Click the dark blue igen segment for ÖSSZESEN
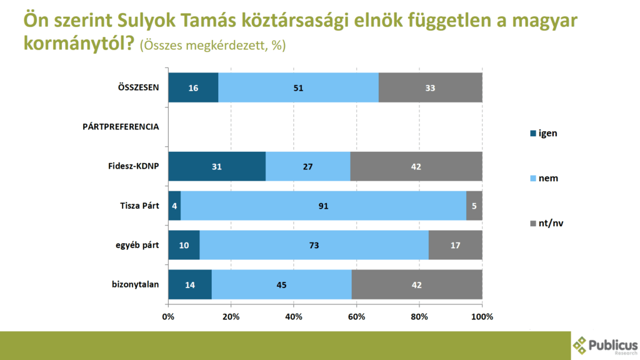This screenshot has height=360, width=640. (x=193, y=87)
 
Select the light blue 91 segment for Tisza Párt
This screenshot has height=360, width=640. (x=323, y=206)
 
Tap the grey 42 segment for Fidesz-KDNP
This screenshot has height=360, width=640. (x=416, y=167)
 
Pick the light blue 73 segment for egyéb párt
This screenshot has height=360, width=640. (x=313, y=246)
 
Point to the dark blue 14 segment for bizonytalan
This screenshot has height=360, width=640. (x=190, y=285)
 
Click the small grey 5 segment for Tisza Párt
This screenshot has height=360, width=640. (x=474, y=206)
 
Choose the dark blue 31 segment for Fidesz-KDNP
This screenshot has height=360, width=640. (x=217, y=167)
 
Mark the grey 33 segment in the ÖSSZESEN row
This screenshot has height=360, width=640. (x=430, y=87)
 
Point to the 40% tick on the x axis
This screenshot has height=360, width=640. (x=294, y=316)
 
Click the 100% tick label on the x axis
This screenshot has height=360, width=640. (x=482, y=316)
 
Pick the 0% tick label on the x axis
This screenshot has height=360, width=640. (x=168, y=316)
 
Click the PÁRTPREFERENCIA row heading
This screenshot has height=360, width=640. (x=121, y=127)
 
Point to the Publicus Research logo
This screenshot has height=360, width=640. (x=605, y=345)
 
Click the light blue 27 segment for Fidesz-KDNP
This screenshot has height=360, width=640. (x=307, y=167)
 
